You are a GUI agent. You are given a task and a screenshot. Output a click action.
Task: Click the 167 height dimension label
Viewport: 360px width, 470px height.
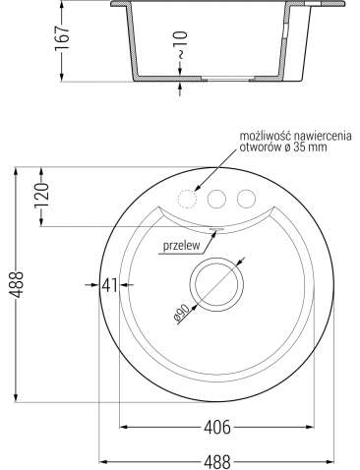pyautogui.click(x=62, y=37)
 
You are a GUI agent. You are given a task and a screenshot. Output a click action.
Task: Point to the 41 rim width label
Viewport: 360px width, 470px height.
pyautogui.click(x=109, y=285)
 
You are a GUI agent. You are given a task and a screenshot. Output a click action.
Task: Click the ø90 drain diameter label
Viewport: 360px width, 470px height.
pyautogui.click(x=181, y=313)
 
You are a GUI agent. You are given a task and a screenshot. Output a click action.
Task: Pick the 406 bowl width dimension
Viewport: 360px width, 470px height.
pyautogui.click(x=217, y=427)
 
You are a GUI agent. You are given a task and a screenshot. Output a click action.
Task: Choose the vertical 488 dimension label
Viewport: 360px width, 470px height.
pyautogui.click(x=16, y=284)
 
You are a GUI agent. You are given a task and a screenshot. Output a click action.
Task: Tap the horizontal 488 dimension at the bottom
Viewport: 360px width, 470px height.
pyautogui.click(x=217, y=462)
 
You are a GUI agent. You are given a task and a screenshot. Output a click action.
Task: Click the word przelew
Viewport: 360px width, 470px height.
pyautogui.click(x=181, y=246)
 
